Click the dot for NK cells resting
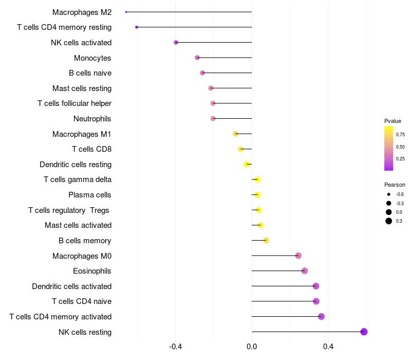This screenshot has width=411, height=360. coord(364,332)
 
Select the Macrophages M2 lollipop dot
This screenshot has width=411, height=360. coord(126,12)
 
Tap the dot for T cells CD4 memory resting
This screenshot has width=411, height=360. coord(136,27)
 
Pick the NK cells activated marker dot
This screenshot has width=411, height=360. coord(176,42)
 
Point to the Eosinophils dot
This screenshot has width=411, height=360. coord(305,271)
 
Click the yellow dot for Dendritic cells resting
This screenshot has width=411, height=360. coord(247,164)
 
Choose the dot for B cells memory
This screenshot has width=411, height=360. coord(266,240)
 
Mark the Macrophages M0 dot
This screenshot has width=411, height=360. coord(298,256)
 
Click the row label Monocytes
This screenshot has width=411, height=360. coord(92,58)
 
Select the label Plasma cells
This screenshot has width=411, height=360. coord(90,195)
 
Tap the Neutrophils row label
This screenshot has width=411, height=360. coord(92,119)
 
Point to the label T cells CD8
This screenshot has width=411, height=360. coord(91,149)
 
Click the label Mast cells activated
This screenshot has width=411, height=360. coord(78,225)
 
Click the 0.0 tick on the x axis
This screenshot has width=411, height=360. coord(252,347)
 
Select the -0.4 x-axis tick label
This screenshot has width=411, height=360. coord(175,347)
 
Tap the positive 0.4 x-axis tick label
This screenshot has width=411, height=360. coord(328,347)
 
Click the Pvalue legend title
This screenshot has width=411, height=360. coord(393,121)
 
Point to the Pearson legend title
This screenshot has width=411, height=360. coord(395,185)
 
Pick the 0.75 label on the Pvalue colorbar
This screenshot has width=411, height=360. coord(400,134)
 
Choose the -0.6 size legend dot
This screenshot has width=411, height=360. coord(389,194)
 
